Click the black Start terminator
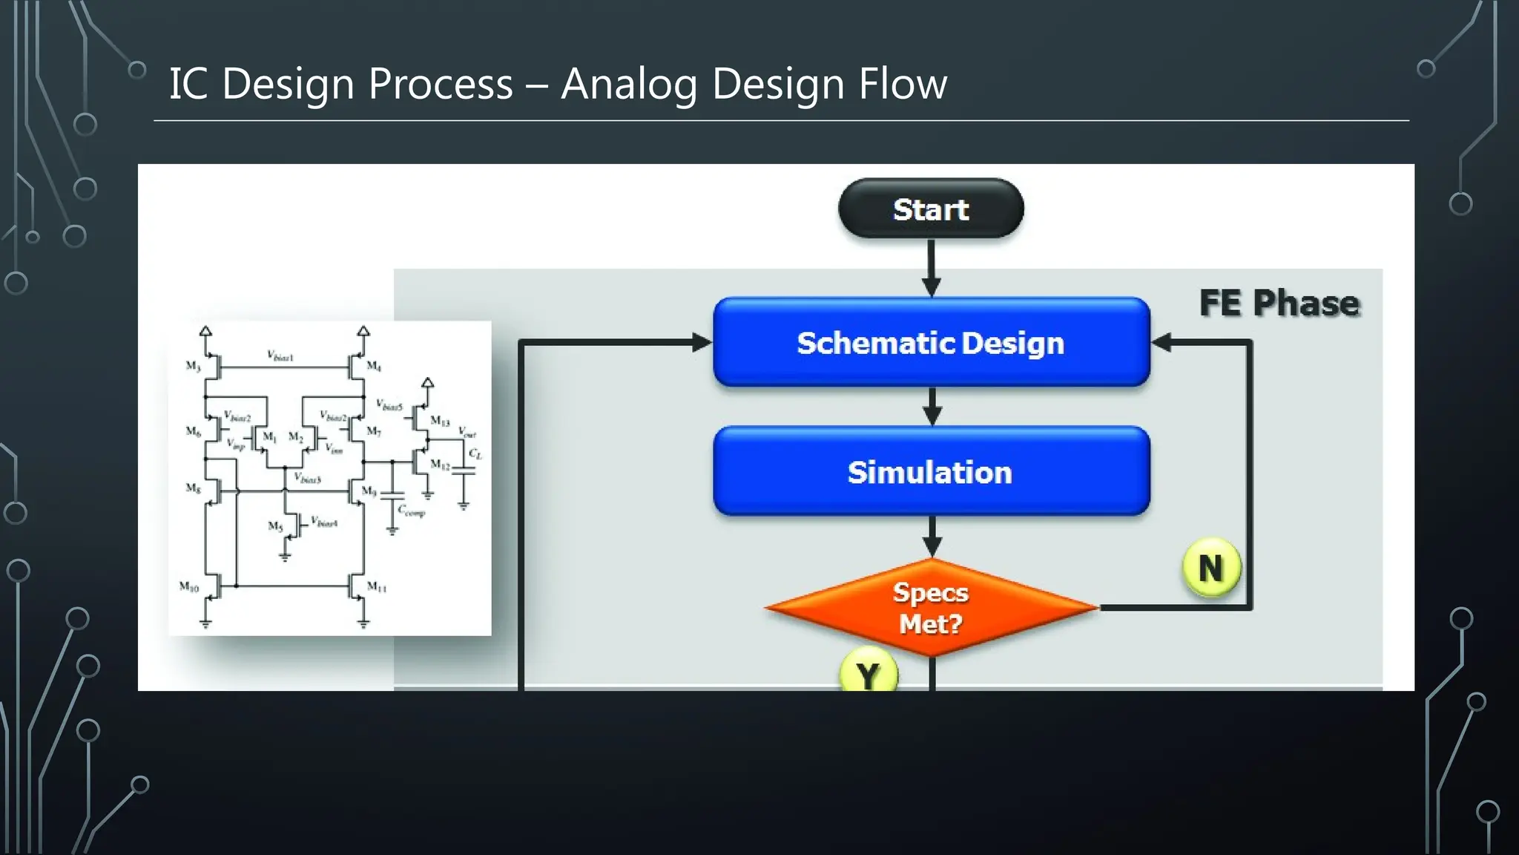point(931,209)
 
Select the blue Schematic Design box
point(931,342)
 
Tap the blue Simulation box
point(931,471)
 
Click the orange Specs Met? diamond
point(931,607)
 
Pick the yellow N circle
point(1210,568)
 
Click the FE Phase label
point(1279,303)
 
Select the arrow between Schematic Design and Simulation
point(932,406)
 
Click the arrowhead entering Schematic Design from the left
point(700,342)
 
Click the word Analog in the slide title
point(627,83)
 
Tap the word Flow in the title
point(903,83)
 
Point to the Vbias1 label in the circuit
point(280,356)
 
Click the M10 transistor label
point(189,587)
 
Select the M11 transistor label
point(377,587)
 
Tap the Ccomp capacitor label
point(411,511)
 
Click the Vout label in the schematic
point(467,432)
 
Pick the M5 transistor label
point(275,526)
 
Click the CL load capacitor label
point(475,453)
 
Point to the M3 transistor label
point(193,366)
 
